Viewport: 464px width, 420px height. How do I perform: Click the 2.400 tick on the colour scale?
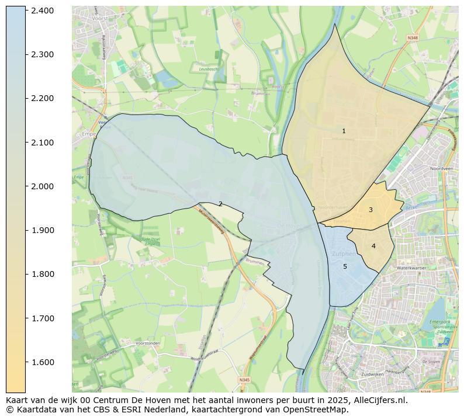pyautogui.click(x=43, y=11)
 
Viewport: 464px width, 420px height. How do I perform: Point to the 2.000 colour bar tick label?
pyautogui.click(x=43, y=186)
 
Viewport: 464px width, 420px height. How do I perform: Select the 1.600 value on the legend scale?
pyautogui.click(x=43, y=362)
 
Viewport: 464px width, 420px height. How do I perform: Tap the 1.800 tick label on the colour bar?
pyautogui.click(x=43, y=274)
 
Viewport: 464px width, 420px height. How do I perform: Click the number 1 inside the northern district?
pyautogui.click(x=344, y=131)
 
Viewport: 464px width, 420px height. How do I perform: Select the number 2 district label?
pyautogui.click(x=220, y=204)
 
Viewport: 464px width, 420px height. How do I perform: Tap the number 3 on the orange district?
pyautogui.click(x=370, y=210)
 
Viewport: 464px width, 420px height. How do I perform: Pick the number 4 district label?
pyautogui.click(x=373, y=246)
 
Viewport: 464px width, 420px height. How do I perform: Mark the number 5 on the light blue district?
pyautogui.click(x=345, y=266)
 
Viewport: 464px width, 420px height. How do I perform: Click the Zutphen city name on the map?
pyautogui.click(x=343, y=255)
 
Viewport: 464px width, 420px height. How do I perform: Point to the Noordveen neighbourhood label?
pyautogui.click(x=441, y=168)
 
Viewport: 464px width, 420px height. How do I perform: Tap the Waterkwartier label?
pyautogui.click(x=411, y=268)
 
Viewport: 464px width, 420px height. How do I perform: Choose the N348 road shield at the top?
pyautogui.click(x=413, y=37)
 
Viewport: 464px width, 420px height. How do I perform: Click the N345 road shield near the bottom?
pyautogui.click(x=244, y=380)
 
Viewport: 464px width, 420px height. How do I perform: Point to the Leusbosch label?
pyautogui.click(x=209, y=68)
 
